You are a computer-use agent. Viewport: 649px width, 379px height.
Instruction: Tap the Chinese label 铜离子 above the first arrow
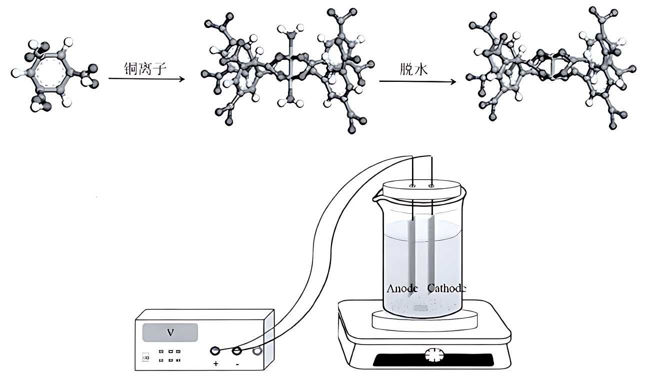(x=144, y=67)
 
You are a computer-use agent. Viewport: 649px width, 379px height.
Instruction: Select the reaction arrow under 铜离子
(x=146, y=79)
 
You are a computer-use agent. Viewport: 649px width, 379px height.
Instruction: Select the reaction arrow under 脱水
(x=417, y=81)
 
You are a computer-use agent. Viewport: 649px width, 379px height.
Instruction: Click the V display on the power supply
(x=170, y=332)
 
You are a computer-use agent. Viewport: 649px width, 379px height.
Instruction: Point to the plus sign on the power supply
(x=216, y=364)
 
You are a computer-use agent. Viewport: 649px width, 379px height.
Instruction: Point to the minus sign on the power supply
(x=237, y=364)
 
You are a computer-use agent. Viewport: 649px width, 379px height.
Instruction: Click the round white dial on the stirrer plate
(x=433, y=356)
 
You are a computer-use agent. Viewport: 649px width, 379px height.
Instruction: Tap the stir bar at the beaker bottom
(x=420, y=309)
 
